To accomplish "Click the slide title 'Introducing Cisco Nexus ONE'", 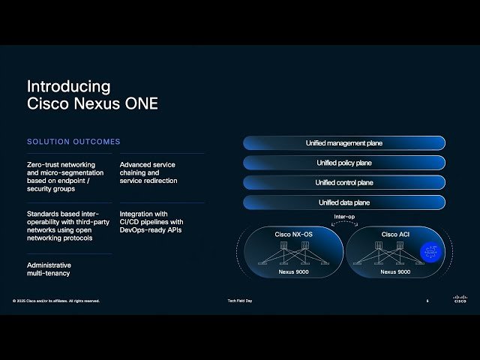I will click(92, 95).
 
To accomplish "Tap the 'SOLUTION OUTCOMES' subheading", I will click(73, 142).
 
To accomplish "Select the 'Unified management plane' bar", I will click(343, 142).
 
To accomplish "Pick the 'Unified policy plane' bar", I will click(343, 163).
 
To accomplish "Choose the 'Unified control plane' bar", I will click(343, 182).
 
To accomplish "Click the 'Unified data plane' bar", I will click(343, 202).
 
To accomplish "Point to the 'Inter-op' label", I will click(344, 217).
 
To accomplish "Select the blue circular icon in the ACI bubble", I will click(430, 253).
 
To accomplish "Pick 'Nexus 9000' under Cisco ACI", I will click(394, 271).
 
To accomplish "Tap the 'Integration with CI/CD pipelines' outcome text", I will click(151, 221).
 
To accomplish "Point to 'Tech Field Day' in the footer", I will click(239, 301).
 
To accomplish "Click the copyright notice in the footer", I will click(56, 301).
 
